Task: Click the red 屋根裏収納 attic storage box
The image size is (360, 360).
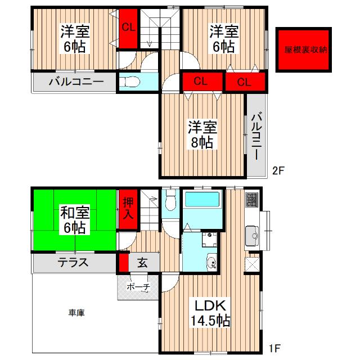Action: pyautogui.click(x=303, y=49)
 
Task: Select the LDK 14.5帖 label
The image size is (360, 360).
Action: pyautogui.click(x=211, y=314)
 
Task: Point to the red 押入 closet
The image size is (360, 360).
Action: pyautogui.click(x=128, y=208)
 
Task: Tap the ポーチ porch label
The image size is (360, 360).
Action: pyautogui.click(x=138, y=287)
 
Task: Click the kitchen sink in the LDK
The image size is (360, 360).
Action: pyautogui.click(x=251, y=232)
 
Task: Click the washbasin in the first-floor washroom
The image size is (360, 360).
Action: pyautogui.click(x=211, y=262)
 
